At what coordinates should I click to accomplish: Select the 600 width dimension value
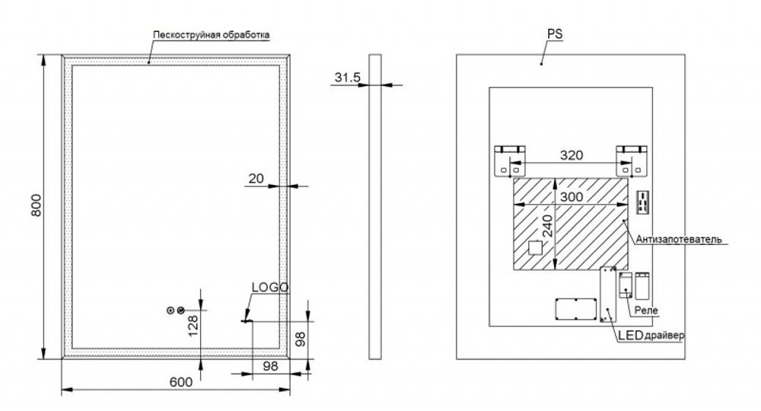tap(180, 383)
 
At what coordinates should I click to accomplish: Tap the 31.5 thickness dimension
tap(346, 77)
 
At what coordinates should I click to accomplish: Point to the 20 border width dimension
tap(256, 178)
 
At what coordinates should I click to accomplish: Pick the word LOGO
tap(270, 288)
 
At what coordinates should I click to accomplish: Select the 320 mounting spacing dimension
tap(572, 155)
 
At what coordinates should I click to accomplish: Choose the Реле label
tap(647, 311)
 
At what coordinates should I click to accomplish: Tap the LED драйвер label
tap(651, 336)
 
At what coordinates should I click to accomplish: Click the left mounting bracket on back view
tap(508, 161)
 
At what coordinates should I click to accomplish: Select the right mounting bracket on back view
tap(631, 161)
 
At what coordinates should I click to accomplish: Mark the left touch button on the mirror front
tap(171, 310)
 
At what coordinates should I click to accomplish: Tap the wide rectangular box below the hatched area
tap(575, 310)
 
